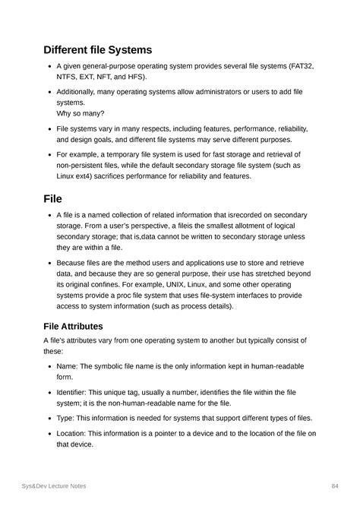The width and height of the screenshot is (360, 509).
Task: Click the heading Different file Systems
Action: point(99,50)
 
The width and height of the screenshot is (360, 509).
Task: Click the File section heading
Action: point(52,199)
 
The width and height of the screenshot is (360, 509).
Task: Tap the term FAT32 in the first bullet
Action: point(300,67)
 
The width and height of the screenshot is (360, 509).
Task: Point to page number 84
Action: point(333,485)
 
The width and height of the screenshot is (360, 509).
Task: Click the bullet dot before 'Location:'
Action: point(49,433)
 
